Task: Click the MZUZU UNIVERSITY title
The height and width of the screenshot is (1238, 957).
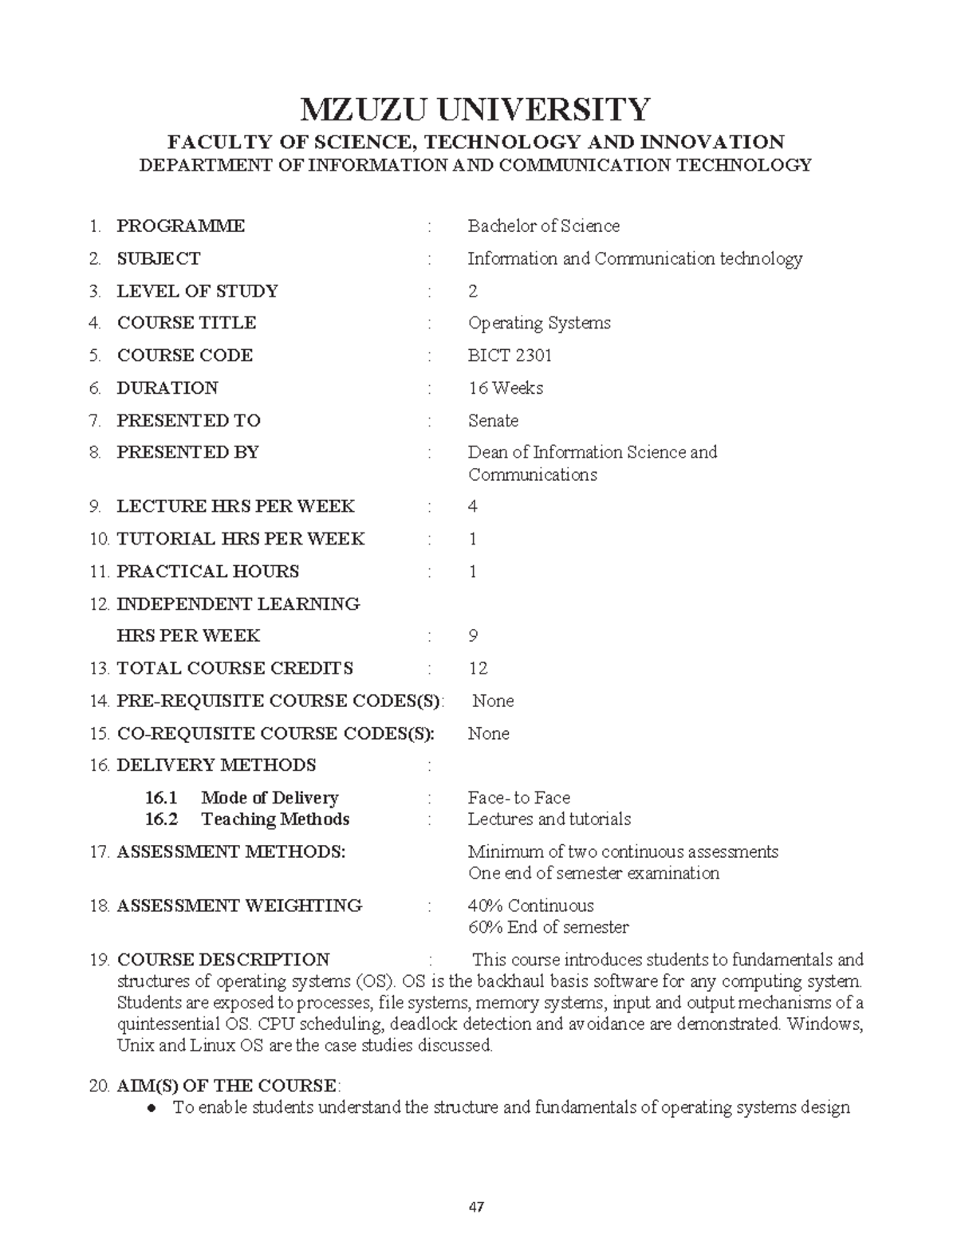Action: pyautogui.click(x=475, y=109)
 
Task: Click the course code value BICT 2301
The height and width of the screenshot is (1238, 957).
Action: pyautogui.click(x=510, y=356)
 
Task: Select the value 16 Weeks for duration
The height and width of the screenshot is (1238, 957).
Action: pyautogui.click(x=506, y=388)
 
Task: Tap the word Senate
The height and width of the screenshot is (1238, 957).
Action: pyautogui.click(x=493, y=420)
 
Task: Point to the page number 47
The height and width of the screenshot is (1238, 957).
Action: pyautogui.click(x=477, y=1207)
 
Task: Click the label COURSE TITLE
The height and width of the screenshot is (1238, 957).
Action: pyautogui.click(x=187, y=323)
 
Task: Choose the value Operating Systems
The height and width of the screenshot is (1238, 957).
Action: pyautogui.click(x=539, y=323)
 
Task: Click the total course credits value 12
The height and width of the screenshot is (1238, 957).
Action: pyautogui.click(x=478, y=668)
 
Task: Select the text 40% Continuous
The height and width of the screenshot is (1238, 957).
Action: pyautogui.click(x=531, y=906)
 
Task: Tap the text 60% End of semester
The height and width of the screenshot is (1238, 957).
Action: pyautogui.click(x=548, y=927)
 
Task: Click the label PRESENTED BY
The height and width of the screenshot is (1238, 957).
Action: pyautogui.click(x=187, y=452)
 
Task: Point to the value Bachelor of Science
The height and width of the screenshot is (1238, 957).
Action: pyautogui.click(x=544, y=226)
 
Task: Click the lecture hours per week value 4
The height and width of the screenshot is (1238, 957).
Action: pyautogui.click(x=473, y=506)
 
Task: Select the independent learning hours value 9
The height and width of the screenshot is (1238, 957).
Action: pyautogui.click(x=473, y=636)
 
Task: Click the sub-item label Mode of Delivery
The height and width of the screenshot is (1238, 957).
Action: pyautogui.click(x=270, y=798)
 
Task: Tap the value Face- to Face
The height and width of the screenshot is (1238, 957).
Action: pyautogui.click(x=519, y=798)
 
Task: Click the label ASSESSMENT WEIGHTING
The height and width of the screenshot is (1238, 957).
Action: pyautogui.click(x=239, y=906)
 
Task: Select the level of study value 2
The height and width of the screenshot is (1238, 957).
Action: pyautogui.click(x=473, y=291)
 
